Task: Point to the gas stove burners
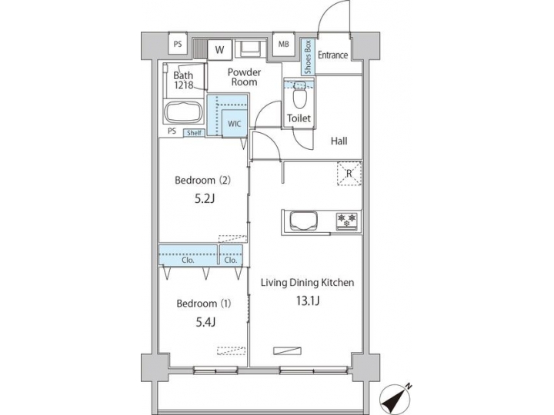[346, 221]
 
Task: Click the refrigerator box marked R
[349, 174]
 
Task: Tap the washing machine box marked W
[220, 49]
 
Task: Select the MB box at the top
[283, 45]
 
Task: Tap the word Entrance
[333, 55]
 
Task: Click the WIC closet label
[233, 122]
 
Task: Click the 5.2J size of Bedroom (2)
[202, 198]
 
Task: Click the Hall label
[339, 141]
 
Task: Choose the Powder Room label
[244, 78]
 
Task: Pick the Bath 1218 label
[183, 80]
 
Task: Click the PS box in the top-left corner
[178, 45]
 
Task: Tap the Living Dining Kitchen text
[306, 283]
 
